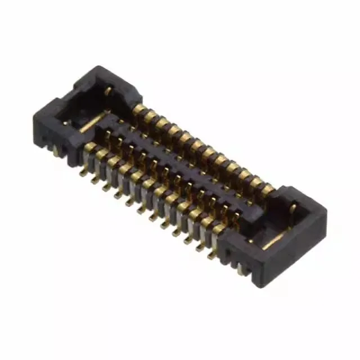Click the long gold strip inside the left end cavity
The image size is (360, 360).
click(93, 121)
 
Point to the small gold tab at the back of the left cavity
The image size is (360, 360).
click(107, 90)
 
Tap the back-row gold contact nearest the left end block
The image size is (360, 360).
click(138, 109)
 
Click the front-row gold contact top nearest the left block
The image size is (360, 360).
click(90, 147)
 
